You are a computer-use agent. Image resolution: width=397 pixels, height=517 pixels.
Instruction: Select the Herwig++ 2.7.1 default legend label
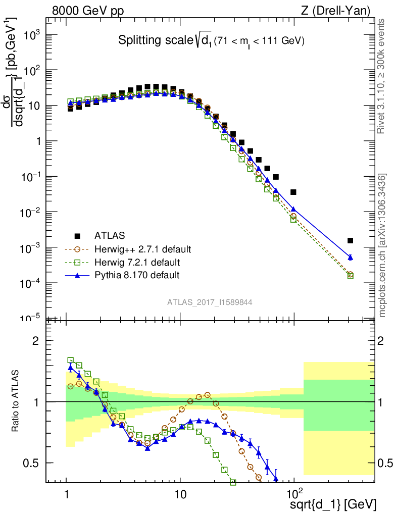coord(143,249)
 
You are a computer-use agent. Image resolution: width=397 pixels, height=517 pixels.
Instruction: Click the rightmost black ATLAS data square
coord(351,240)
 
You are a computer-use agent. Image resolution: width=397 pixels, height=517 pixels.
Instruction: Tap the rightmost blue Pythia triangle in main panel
coord(351,257)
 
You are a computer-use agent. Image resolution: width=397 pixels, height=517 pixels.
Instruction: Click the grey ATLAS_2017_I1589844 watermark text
coord(210,302)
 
